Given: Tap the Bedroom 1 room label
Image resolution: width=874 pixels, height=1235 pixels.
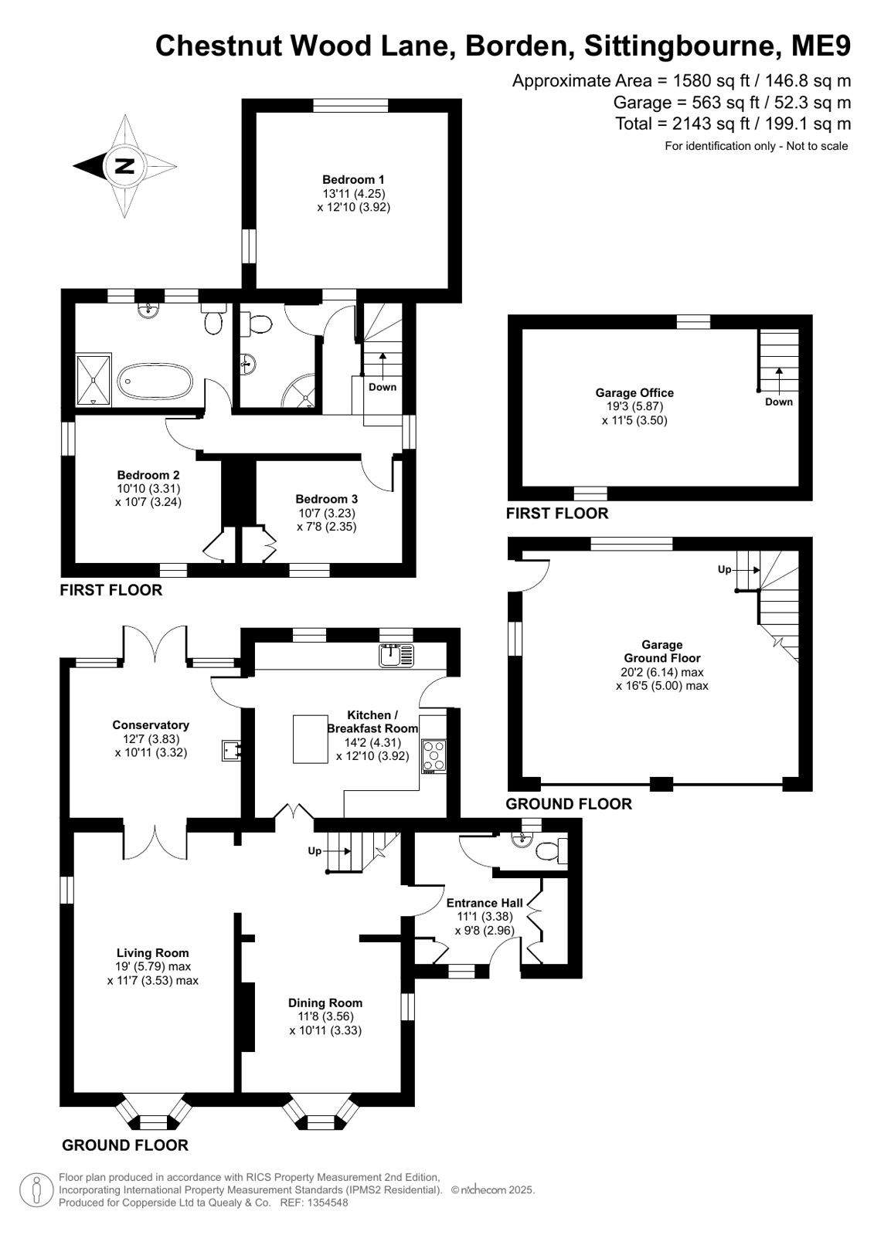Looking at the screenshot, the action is click(353, 180).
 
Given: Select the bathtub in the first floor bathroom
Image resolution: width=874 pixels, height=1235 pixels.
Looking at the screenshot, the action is click(155, 381).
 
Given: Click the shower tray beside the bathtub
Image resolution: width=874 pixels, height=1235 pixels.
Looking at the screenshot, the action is click(94, 380).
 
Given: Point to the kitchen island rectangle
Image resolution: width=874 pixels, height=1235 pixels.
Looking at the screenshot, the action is click(310, 739).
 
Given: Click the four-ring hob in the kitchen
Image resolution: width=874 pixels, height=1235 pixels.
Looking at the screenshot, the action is click(434, 756).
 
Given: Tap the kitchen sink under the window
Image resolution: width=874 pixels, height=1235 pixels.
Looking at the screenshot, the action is click(396, 655).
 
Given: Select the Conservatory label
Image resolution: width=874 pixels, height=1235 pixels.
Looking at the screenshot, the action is click(151, 725).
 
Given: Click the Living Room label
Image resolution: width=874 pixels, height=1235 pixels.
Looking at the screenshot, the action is click(153, 953).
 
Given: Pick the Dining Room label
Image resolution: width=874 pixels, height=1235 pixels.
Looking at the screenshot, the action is click(325, 1003).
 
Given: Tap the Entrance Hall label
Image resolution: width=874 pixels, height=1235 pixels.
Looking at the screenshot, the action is click(485, 903).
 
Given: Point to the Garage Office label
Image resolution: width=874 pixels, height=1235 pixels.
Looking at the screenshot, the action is click(634, 393).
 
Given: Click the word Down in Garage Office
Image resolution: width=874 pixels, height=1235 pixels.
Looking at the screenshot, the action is click(778, 402).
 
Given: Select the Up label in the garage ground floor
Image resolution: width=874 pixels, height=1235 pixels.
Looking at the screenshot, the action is click(724, 569).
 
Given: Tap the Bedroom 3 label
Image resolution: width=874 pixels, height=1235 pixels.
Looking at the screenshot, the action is click(327, 499).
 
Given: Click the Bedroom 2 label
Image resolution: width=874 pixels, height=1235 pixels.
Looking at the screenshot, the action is click(148, 475).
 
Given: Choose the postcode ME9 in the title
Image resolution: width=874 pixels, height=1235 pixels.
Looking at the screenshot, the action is click(821, 46).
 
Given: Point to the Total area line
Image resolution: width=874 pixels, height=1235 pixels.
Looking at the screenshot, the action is click(733, 124).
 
